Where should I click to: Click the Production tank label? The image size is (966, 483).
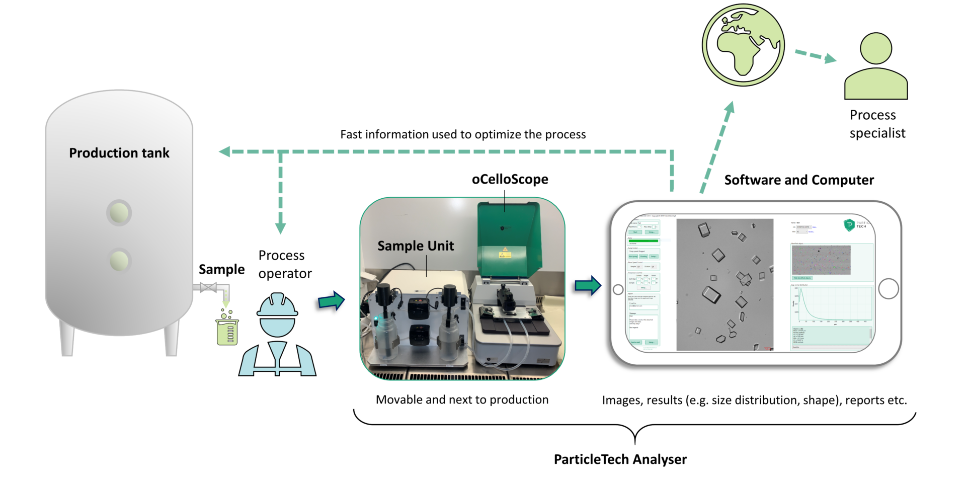(119, 153)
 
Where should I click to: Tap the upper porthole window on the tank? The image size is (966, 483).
(119, 213)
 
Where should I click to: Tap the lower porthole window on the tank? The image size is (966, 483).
(119, 261)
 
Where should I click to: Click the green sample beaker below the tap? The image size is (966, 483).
(227, 331)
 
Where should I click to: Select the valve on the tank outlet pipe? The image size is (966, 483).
(208, 288)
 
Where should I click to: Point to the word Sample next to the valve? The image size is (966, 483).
(221, 270)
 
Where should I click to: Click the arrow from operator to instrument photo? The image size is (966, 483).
(331, 301)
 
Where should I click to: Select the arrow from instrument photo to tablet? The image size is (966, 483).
(588, 286)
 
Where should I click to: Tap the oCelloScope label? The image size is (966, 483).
(510, 180)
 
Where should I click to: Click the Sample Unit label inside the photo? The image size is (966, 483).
(416, 246)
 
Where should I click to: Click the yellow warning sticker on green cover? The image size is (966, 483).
(505, 253)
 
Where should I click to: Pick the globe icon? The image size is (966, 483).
(743, 45)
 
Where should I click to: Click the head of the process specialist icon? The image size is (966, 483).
(876, 48)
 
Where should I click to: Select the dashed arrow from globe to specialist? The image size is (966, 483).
(815, 55)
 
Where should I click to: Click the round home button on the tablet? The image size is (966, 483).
(888, 289)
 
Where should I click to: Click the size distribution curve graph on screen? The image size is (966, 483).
(832, 304)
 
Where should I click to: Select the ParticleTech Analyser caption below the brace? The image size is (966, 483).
(620, 459)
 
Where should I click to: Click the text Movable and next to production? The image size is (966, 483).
(462, 400)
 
